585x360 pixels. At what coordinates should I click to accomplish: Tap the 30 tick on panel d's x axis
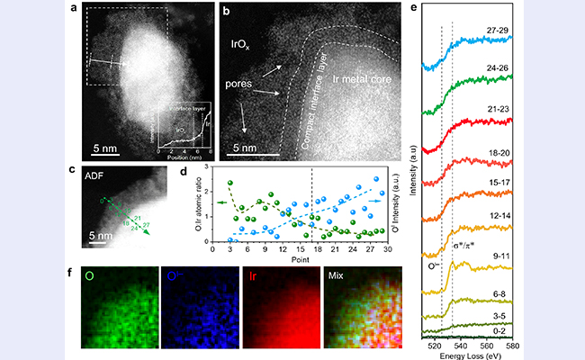point(387,250)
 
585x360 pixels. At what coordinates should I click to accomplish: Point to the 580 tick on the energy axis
point(510,344)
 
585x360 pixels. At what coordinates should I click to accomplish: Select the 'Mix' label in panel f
point(337,274)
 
